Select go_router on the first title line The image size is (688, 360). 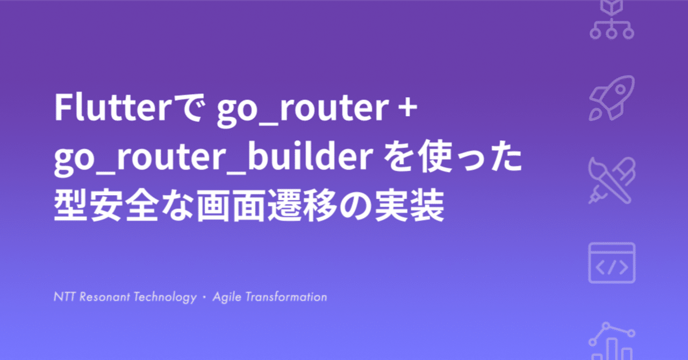point(302,110)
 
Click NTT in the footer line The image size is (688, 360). point(64,297)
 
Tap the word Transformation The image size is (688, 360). point(286,297)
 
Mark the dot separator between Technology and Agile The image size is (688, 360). point(204,297)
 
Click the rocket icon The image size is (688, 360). point(612,97)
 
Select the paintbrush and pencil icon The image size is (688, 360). point(612,179)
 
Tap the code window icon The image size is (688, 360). point(612,262)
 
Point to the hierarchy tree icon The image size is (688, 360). point(612,21)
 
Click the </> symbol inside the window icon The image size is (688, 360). point(612,267)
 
